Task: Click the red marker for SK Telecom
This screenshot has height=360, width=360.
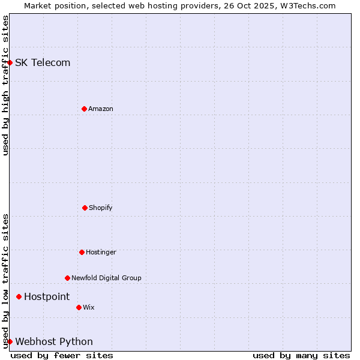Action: click(x=10, y=62)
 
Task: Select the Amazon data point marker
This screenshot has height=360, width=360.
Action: click(x=84, y=109)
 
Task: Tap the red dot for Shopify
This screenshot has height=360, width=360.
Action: click(x=85, y=208)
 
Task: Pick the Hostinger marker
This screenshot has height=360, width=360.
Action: click(x=82, y=252)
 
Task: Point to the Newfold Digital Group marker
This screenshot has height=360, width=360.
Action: click(x=67, y=278)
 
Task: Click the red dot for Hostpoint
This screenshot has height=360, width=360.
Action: click(x=19, y=296)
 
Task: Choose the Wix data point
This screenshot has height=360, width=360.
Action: click(x=79, y=307)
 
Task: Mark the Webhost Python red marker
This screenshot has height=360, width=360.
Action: click(x=10, y=341)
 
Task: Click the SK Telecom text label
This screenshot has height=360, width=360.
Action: click(x=43, y=62)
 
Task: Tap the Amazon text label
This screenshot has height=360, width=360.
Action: click(x=101, y=109)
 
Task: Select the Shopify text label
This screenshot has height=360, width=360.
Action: click(x=101, y=208)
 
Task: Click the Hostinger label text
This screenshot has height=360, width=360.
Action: click(x=101, y=252)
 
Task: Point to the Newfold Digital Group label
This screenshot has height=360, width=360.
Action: click(x=106, y=278)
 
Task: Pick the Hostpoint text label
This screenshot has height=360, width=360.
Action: click(x=47, y=296)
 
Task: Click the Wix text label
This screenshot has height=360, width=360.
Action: click(x=89, y=307)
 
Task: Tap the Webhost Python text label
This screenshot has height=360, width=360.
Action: click(x=54, y=341)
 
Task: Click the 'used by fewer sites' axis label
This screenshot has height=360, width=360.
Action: click(x=62, y=355)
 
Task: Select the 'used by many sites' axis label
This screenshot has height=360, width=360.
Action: click(x=301, y=355)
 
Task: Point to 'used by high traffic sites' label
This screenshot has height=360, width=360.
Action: click(x=5, y=85)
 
